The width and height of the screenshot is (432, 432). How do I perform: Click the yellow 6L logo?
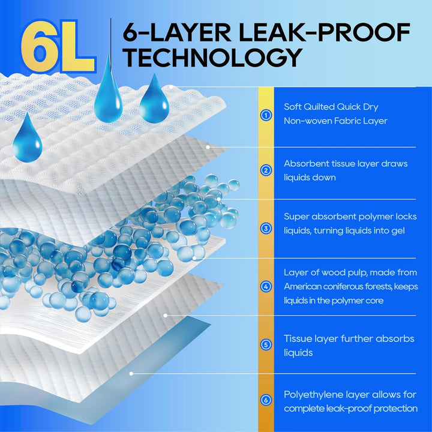[x=58, y=46]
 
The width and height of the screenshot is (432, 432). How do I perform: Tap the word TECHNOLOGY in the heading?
[x=212, y=58]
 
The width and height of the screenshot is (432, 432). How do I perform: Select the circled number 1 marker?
[x=266, y=115]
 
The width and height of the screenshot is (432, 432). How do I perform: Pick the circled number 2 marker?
[x=266, y=170]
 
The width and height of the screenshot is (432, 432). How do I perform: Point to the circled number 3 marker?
[x=266, y=229]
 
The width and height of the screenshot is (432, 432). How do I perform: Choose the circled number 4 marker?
[x=266, y=287]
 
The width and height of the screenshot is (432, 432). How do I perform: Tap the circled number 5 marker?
[x=266, y=344]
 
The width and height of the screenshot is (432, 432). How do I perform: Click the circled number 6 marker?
[x=266, y=400]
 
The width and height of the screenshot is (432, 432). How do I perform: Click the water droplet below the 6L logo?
[x=27, y=138]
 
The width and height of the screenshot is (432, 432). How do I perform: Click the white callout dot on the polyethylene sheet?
[x=131, y=374]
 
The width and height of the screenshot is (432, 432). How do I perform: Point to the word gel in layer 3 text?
[x=398, y=231]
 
